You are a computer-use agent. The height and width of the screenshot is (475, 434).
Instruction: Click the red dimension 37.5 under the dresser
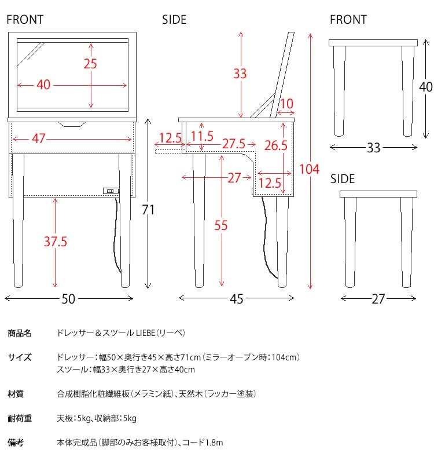click(55, 241)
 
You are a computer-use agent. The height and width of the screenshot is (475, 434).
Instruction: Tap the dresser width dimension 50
click(68, 299)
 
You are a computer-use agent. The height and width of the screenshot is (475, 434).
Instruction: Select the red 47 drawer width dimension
click(38, 139)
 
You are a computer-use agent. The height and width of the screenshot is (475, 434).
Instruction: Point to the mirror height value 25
click(90, 64)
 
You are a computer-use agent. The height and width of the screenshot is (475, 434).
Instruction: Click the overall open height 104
click(310, 169)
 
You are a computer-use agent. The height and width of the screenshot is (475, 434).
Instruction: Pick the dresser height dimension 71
click(149, 210)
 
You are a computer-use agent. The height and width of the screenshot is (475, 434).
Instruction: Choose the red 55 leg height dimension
click(221, 226)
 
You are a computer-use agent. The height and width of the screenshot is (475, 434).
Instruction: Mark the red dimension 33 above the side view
click(240, 74)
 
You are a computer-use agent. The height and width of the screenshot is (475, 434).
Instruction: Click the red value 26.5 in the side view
click(276, 145)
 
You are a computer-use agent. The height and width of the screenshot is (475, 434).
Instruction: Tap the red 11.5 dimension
click(202, 137)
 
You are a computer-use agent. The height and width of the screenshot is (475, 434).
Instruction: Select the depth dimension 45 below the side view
click(237, 299)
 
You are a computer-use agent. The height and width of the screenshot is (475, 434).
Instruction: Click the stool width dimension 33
click(373, 148)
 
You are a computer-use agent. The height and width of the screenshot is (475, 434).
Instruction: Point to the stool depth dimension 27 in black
click(377, 299)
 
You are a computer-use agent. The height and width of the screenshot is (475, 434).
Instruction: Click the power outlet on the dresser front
click(110, 190)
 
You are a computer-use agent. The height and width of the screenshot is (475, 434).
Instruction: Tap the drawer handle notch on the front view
click(72, 123)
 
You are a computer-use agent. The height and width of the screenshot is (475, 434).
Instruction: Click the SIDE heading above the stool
click(342, 180)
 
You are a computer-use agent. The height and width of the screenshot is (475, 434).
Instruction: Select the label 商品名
click(20, 334)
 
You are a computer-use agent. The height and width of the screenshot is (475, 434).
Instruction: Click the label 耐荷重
click(20, 418)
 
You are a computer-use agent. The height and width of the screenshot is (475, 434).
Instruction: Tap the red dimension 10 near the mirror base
click(286, 104)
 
